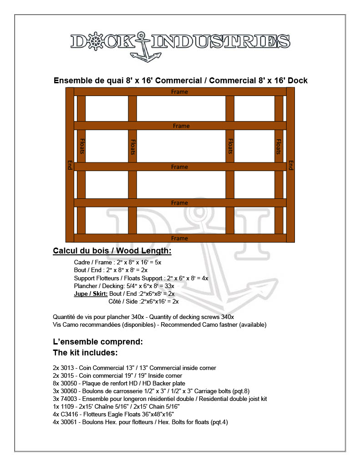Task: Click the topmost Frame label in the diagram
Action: coord(179,92)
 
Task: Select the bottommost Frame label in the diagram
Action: coord(179,238)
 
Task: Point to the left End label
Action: coord(70,165)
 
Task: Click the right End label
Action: coord(290,165)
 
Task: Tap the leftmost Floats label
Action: coord(82,146)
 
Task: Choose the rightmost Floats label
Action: coord(279,146)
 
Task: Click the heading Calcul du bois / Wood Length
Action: coord(112,251)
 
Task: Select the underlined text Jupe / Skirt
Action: coord(91,294)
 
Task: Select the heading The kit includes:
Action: coord(86,353)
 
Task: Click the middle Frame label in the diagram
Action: coord(179,167)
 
